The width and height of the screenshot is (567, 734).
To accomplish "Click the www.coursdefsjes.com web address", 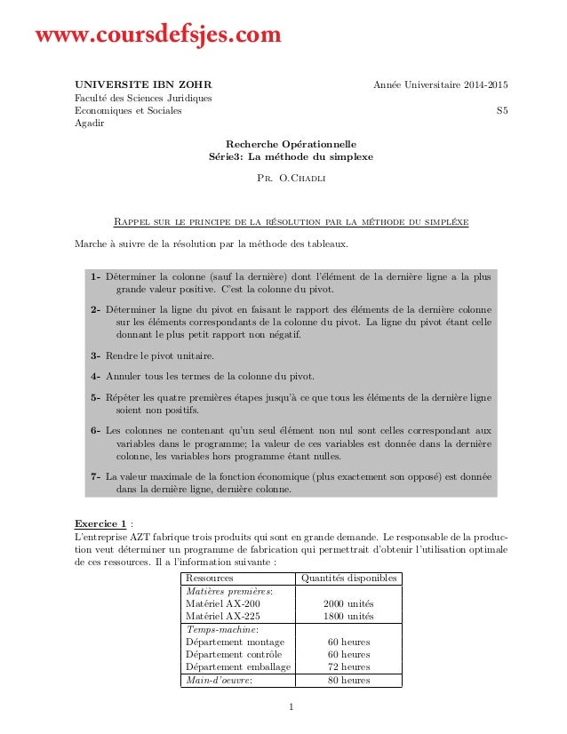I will (157, 36).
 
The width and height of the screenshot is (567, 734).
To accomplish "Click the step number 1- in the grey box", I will (95, 277).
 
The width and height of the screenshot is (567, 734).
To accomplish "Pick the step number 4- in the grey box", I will (95, 375).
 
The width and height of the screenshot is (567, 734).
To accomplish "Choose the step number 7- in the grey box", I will (95, 476).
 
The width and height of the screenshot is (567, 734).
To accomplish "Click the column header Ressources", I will (209, 578).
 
